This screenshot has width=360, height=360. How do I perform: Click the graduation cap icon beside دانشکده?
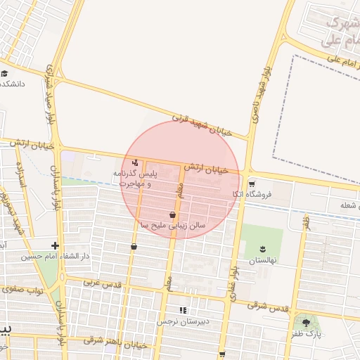click(4, 73)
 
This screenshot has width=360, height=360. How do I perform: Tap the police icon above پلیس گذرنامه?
click(135, 162)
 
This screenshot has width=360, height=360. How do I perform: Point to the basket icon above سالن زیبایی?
click(172, 215)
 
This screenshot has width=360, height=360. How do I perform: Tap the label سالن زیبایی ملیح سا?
click(173, 226)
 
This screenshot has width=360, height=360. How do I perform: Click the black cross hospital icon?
click(55, 245)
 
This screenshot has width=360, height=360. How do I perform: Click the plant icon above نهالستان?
click(263, 249)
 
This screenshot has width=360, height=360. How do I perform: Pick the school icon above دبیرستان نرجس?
click(184, 310)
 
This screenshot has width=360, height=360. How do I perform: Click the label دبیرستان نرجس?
click(184, 321)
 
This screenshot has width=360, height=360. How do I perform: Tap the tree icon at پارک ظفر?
click(306, 323)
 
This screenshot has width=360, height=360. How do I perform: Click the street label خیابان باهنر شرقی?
click(115, 342)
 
